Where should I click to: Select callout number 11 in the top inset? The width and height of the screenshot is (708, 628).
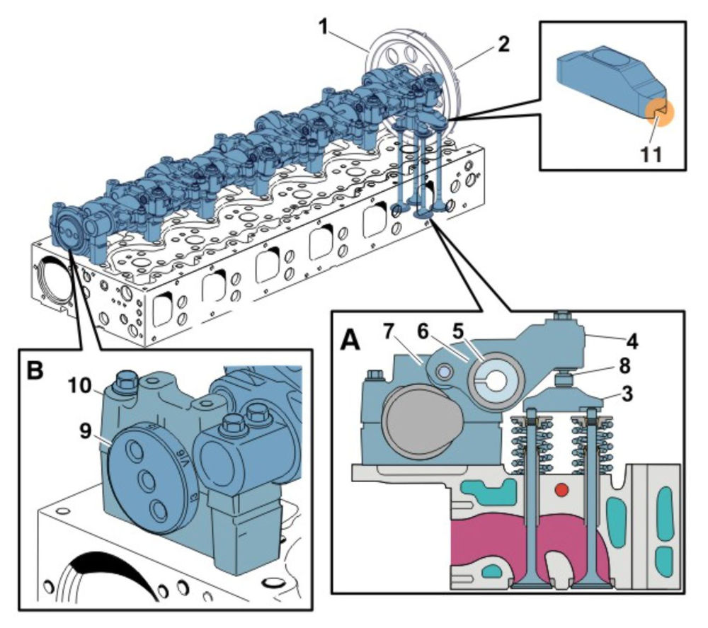click(652, 154)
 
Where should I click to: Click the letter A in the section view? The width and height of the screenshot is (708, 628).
click(351, 343)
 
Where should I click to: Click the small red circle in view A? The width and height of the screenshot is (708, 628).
click(562, 490)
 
